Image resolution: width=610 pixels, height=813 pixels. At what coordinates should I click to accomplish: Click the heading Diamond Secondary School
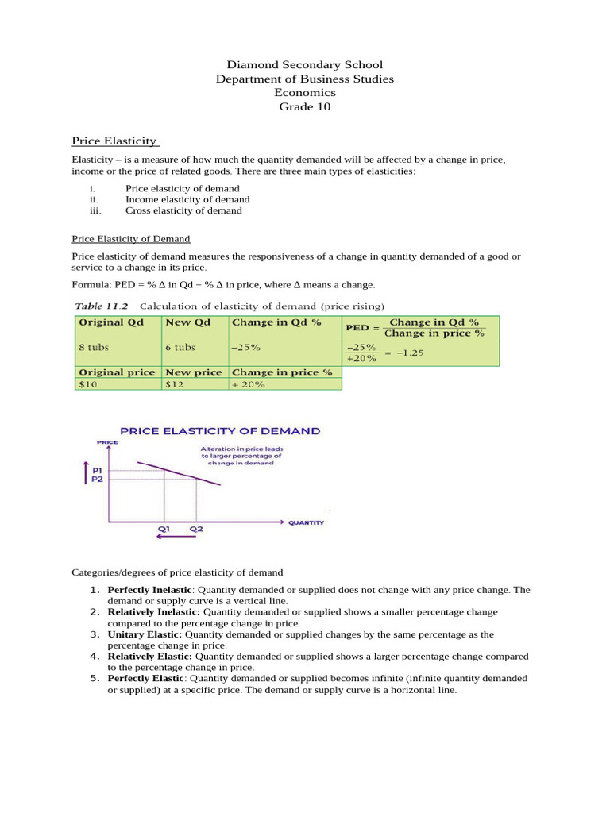[305, 65]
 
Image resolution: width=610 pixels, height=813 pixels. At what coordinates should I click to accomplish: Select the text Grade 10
[305, 106]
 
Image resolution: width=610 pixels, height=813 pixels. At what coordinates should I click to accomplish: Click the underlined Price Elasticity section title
[115, 141]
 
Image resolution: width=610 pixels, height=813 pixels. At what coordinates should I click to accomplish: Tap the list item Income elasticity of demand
[187, 200]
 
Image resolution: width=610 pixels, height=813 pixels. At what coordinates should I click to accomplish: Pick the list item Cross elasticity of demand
[183, 211]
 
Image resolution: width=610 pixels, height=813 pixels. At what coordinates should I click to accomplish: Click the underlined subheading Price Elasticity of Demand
[131, 238]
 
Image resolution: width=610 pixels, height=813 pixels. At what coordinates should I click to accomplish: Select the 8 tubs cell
[92, 348]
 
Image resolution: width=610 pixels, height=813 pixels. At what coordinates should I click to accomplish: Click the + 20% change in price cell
[248, 384]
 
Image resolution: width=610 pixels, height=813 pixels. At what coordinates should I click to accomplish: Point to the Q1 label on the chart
[163, 528]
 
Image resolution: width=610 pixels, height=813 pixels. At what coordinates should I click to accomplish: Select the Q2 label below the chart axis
[195, 528]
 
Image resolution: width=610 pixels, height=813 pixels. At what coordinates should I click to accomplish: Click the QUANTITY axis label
[306, 522]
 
